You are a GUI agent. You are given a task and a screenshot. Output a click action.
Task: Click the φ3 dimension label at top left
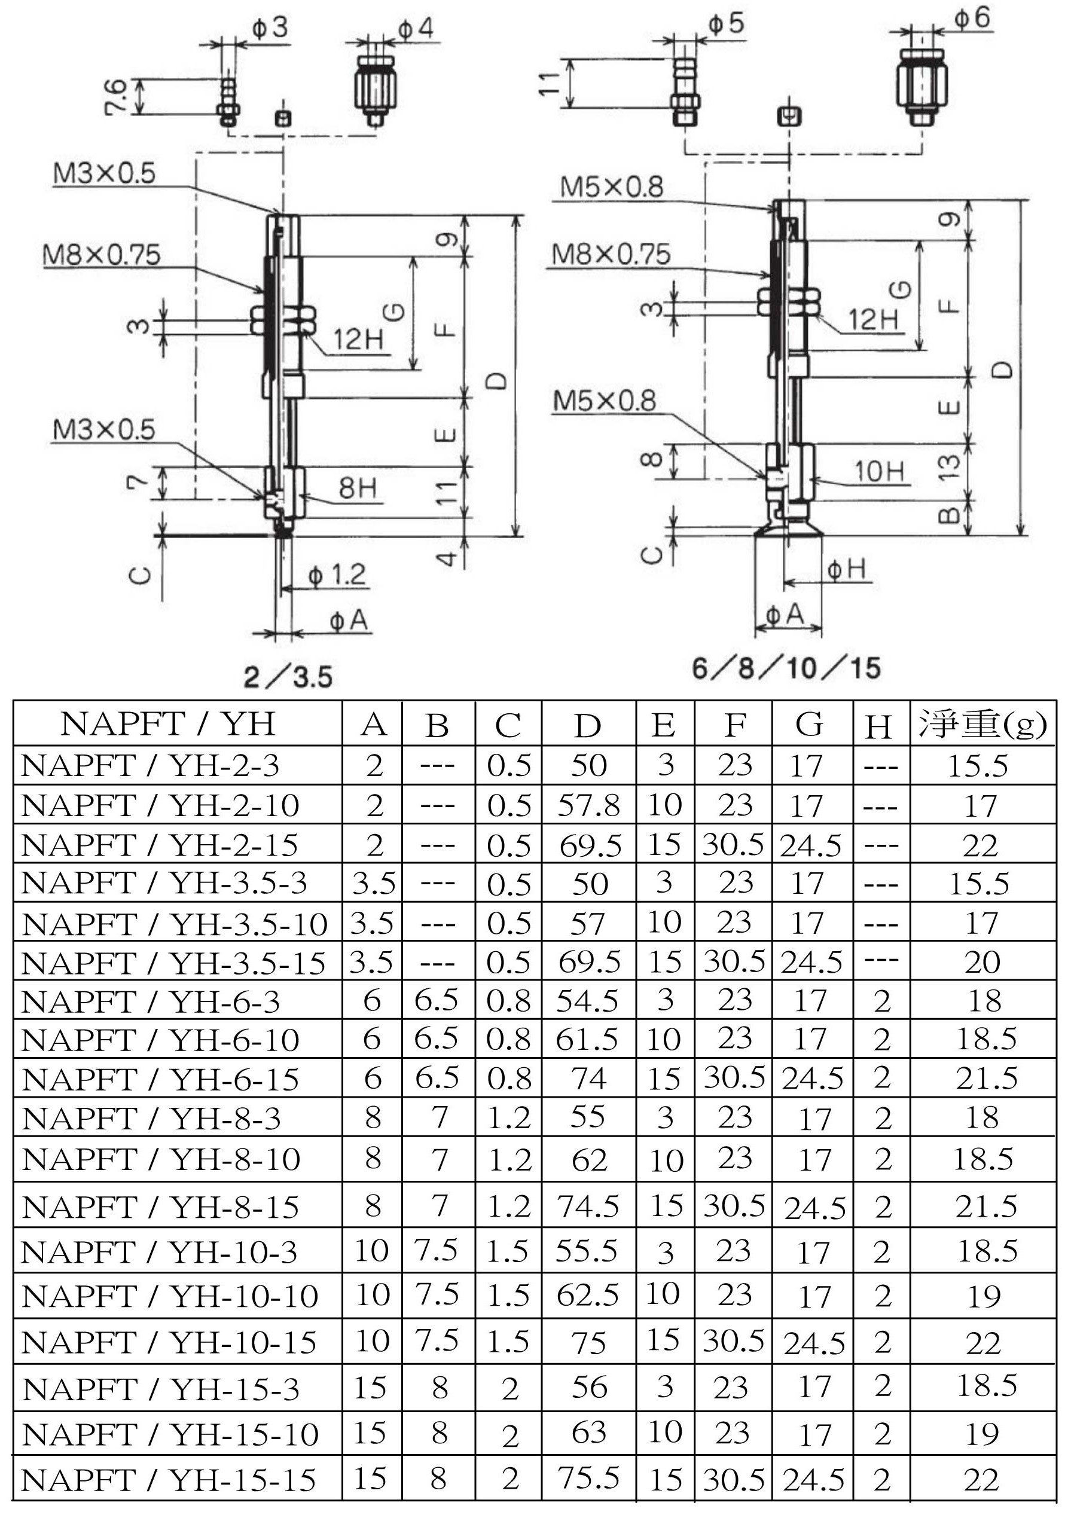pos(270,28)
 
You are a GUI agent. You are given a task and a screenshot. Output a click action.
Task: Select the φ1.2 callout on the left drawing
pos(337,575)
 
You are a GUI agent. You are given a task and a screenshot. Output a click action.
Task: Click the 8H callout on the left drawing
pos(358,488)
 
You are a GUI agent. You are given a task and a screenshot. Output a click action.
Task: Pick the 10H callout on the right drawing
pos(880,471)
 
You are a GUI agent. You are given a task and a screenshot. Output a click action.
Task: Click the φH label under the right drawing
pos(847,568)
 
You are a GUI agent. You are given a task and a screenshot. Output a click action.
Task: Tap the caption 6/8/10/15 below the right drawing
pos(786,668)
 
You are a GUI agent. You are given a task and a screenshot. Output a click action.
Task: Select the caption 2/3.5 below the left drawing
pos(288,677)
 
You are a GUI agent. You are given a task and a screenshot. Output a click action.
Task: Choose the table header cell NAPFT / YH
pos(168,724)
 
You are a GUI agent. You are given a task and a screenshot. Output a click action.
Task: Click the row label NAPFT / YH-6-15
pos(160,1080)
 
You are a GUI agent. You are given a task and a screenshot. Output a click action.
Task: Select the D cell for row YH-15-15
pos(588,1478)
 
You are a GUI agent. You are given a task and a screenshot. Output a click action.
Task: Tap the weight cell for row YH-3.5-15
pos(982,963)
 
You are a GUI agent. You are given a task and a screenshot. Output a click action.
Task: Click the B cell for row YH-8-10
pos(439,1159)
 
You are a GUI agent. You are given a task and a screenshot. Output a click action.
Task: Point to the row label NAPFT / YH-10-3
pos(159,1252)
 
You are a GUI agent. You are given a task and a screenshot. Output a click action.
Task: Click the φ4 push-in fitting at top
pos(376,89)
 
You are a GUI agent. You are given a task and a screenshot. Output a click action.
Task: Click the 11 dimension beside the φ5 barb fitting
pos(550,83)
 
